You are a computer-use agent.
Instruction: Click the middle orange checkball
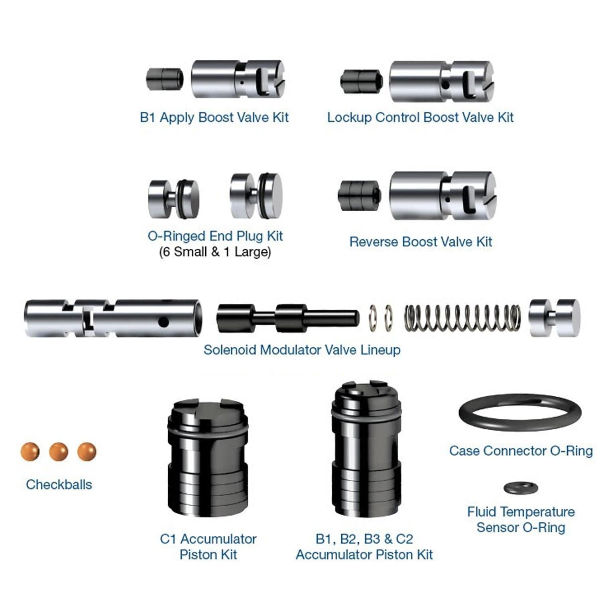click(59, 452)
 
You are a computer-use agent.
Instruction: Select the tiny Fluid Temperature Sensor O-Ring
click(521, 488)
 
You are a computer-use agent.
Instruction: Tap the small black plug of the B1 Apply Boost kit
click(165, 79)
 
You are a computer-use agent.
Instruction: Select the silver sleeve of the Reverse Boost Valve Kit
click(443, 195)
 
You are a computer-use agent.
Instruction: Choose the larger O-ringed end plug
click(256, 196)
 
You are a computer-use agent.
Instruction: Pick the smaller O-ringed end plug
click(173, 199)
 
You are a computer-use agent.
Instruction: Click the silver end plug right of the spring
click(555, 318)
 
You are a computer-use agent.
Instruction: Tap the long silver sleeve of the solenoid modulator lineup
click(113, 318)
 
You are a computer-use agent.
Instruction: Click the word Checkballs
click(59, 484)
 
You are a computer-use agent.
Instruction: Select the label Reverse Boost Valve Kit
click(421, 242)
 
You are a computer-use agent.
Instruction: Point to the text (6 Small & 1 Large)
click(215, 252)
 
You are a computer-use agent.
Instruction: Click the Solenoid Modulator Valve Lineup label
click(302, 350)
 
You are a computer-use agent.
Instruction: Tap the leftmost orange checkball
click(30, 452)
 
